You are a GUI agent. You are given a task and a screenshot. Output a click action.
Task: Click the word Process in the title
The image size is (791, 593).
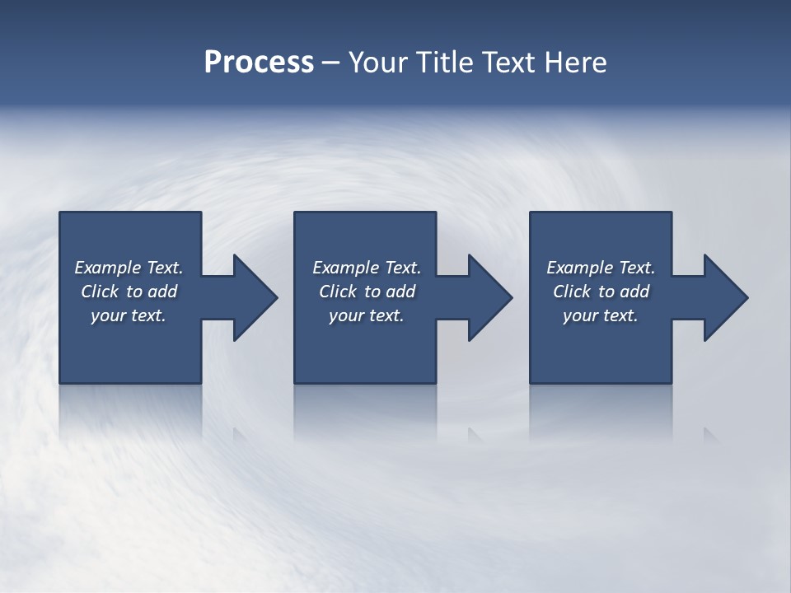click(x=259, y=63)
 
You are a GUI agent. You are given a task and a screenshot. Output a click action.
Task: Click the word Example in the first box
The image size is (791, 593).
click(x=108, y=268)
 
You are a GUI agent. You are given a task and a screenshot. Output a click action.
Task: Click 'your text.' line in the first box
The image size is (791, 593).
click(x=128, y=315)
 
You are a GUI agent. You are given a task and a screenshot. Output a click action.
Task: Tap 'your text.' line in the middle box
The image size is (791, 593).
click(x=366, y=315)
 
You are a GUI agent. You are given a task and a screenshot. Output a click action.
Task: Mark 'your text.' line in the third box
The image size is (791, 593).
click(x=600, y=315)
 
